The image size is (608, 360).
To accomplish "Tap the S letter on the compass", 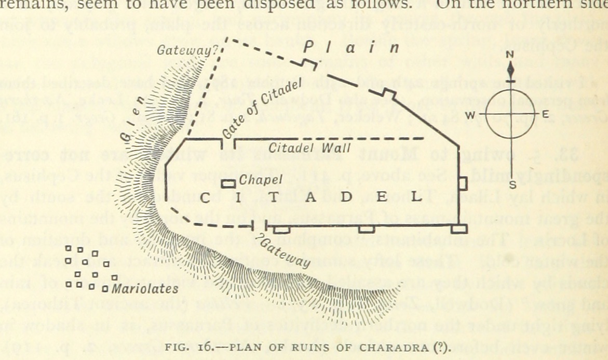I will (512, 185).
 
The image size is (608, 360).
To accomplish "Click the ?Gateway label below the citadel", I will (283, 250).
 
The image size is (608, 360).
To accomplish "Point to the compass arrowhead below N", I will (511, 69).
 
